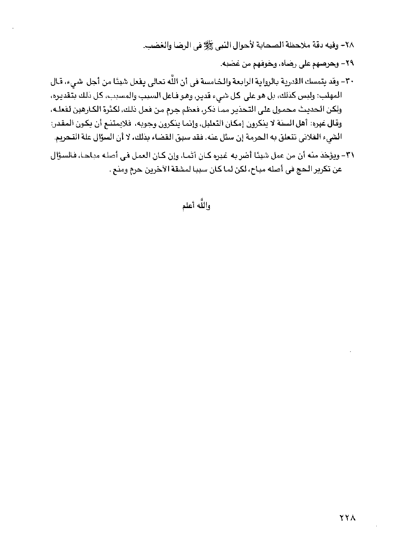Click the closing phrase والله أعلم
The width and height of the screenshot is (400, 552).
[x=196, y=206]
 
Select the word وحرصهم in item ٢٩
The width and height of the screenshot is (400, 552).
[x=332, y=64]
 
